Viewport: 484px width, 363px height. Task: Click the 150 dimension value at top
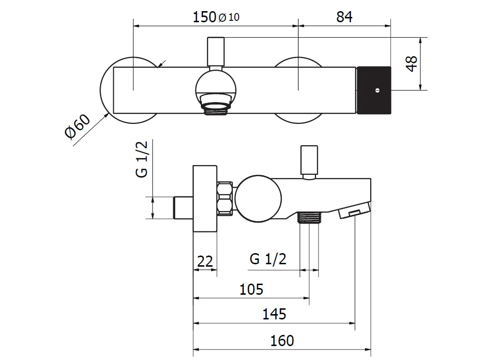tap(204, 17)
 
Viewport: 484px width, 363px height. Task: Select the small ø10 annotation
tap(229, 17)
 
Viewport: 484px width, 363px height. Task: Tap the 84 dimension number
tap(344, 17)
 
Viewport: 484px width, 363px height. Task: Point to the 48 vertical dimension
tap(412, 64)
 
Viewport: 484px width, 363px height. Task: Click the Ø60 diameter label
tap(77, 126)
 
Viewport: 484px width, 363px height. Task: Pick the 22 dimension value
tap(205, 261)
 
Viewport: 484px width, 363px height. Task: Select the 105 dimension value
tap(251, 289)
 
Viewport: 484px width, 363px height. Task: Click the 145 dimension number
tap(274, 314)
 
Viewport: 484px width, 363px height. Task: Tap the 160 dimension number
tap(282, 341)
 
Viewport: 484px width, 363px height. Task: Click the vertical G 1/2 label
tap(142, 159)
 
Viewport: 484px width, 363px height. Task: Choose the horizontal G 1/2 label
tap(268, 259)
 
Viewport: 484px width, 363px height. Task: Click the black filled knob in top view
tap(374, 90)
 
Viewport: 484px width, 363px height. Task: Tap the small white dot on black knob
tap(377, 91)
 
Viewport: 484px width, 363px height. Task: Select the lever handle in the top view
tap(216, 52)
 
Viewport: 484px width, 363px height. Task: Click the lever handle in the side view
tap(309, 162)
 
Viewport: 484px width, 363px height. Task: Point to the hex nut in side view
tap(225, 198)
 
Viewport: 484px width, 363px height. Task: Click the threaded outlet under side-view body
tap(309, 217)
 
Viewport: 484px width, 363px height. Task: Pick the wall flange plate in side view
tap(205, 198)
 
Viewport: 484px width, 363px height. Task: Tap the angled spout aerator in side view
tap(354, 211)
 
